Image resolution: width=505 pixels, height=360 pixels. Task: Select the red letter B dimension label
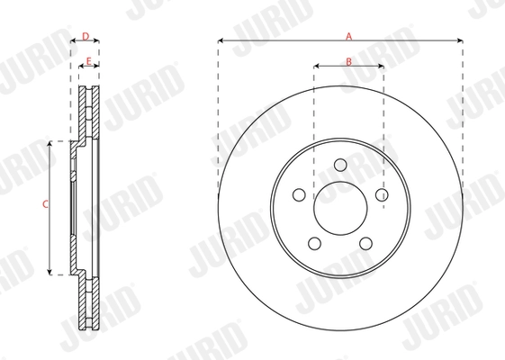tap(348, 60)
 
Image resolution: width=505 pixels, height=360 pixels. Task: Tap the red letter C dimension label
tap(45, 206)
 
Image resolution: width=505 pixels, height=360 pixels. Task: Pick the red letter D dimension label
tap(85, 36)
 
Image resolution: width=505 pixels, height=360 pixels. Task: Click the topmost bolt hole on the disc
tap(340, 166)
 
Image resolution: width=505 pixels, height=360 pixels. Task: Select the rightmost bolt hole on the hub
tap(382, 193)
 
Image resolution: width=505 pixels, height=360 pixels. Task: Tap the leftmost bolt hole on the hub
tap(299, 193)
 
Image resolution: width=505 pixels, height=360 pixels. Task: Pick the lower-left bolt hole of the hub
tap(314, 243)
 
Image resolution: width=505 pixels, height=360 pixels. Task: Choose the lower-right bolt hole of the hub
tap(365, 243)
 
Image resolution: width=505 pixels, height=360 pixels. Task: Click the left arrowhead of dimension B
tap(316, 67)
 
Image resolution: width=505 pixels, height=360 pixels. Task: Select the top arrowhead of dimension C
tap(51, 144)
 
